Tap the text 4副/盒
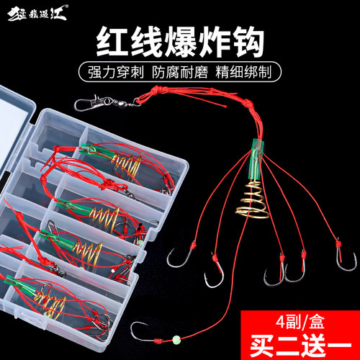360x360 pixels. [303, 314]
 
